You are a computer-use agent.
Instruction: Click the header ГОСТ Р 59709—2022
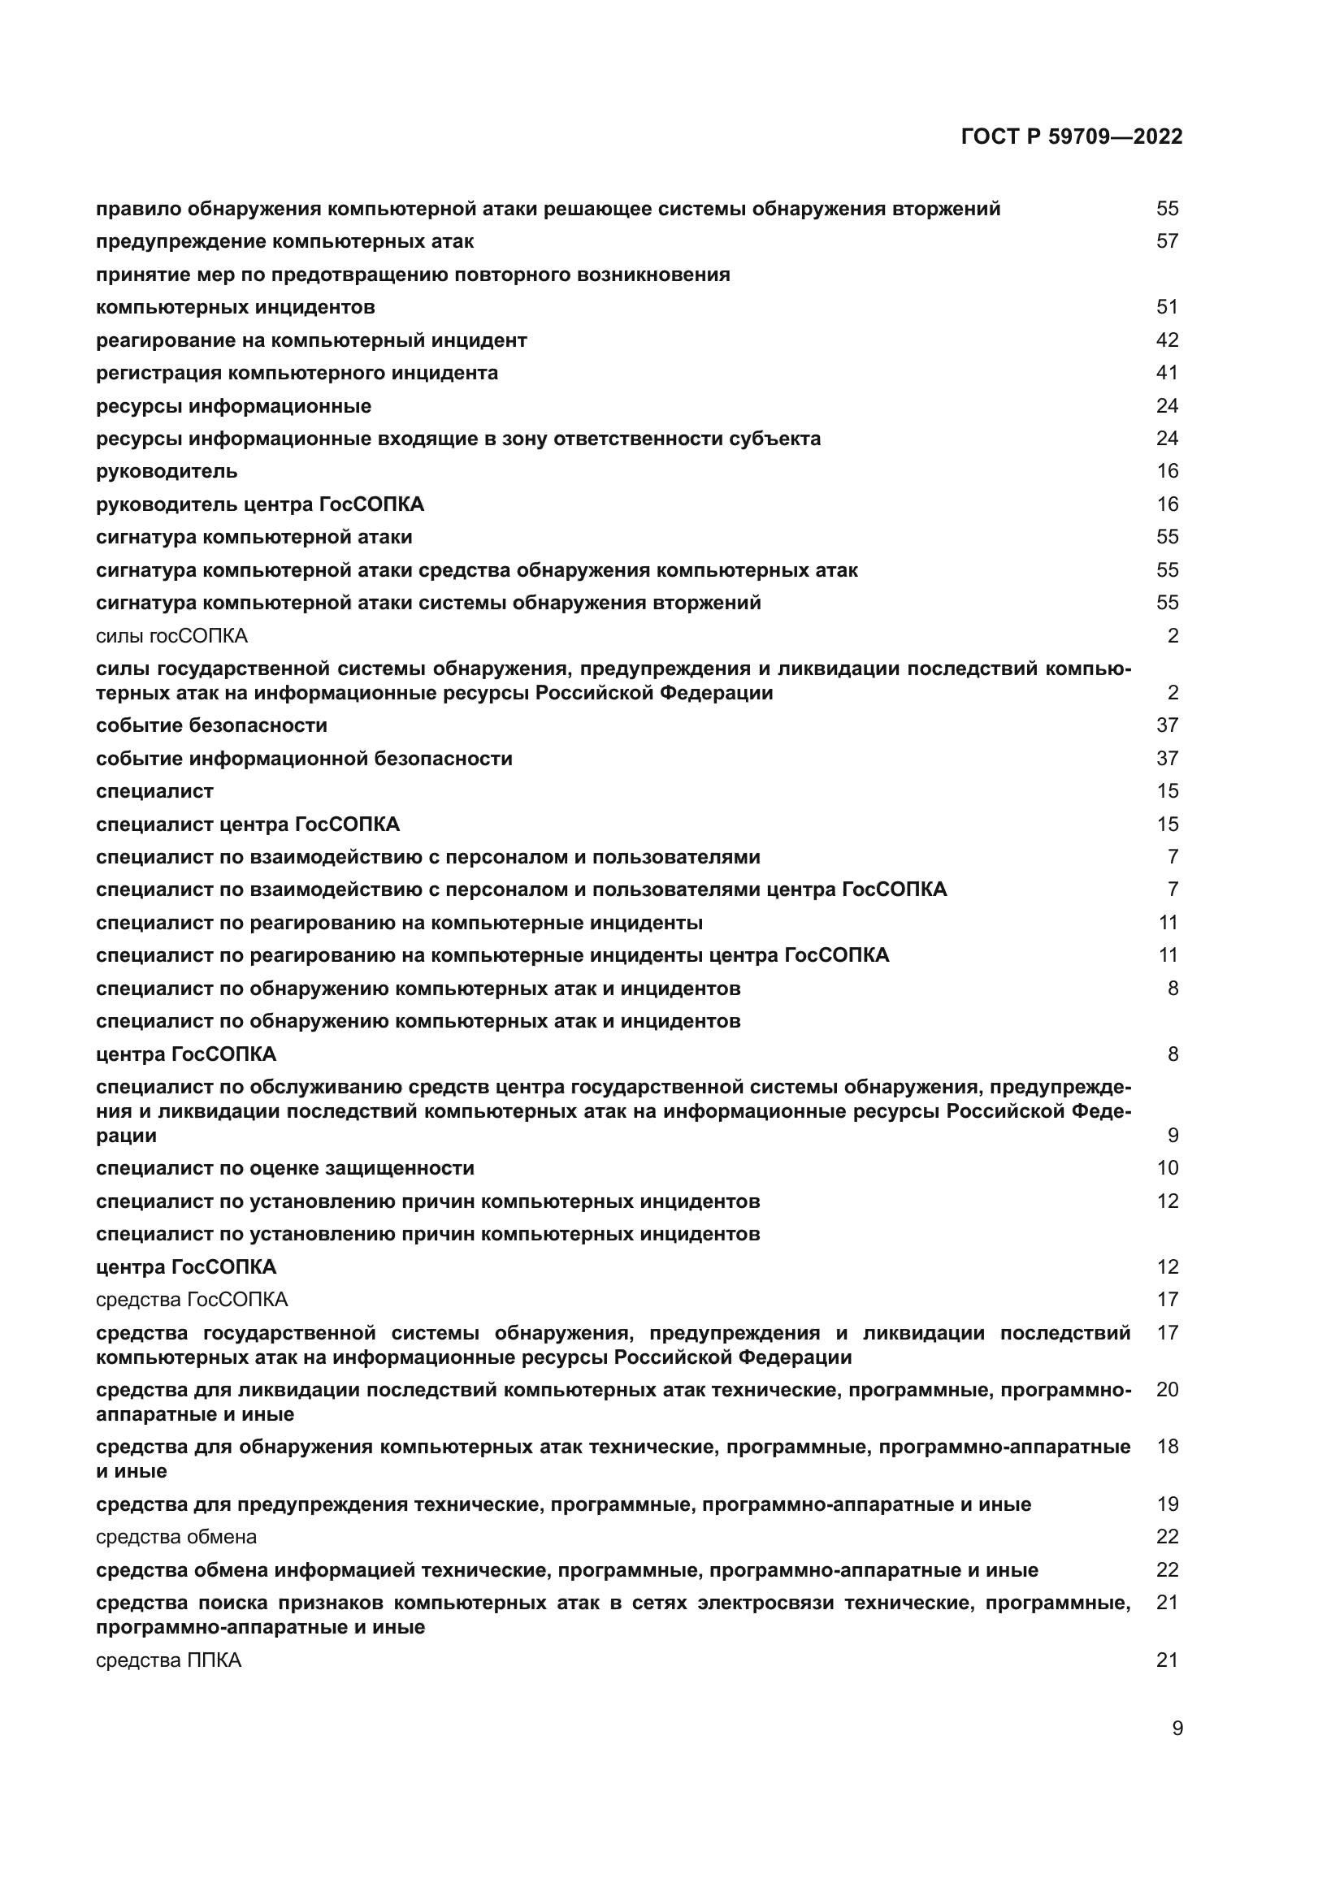point(1072,137)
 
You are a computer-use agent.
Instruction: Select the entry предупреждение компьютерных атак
point(284,241)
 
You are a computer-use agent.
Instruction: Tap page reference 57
point(1167,241)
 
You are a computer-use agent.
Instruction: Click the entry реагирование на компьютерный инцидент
point(311,340)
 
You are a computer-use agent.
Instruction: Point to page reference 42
point(1167,340)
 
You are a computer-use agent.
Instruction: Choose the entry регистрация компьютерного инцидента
point(297,373)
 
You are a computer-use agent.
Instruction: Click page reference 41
point(1167,373)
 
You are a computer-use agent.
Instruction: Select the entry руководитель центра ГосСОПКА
point(260,504)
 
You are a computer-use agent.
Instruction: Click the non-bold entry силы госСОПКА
point(171,636)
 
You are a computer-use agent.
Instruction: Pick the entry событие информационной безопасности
point(304,759)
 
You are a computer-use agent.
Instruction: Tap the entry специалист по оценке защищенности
point(284,1168)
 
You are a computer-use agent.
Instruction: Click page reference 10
point(1167,1168)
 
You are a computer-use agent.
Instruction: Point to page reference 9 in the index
point(1173,1136)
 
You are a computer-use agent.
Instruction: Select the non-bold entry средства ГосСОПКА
point(192,1299)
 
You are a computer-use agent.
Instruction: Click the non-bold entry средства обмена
point(176,1537)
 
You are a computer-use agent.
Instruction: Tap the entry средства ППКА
point(169,1660)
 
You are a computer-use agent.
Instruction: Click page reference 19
point(1167,1504)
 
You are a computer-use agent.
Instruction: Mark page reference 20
point(1167,1389)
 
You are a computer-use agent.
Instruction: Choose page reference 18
point(1167,1447)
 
